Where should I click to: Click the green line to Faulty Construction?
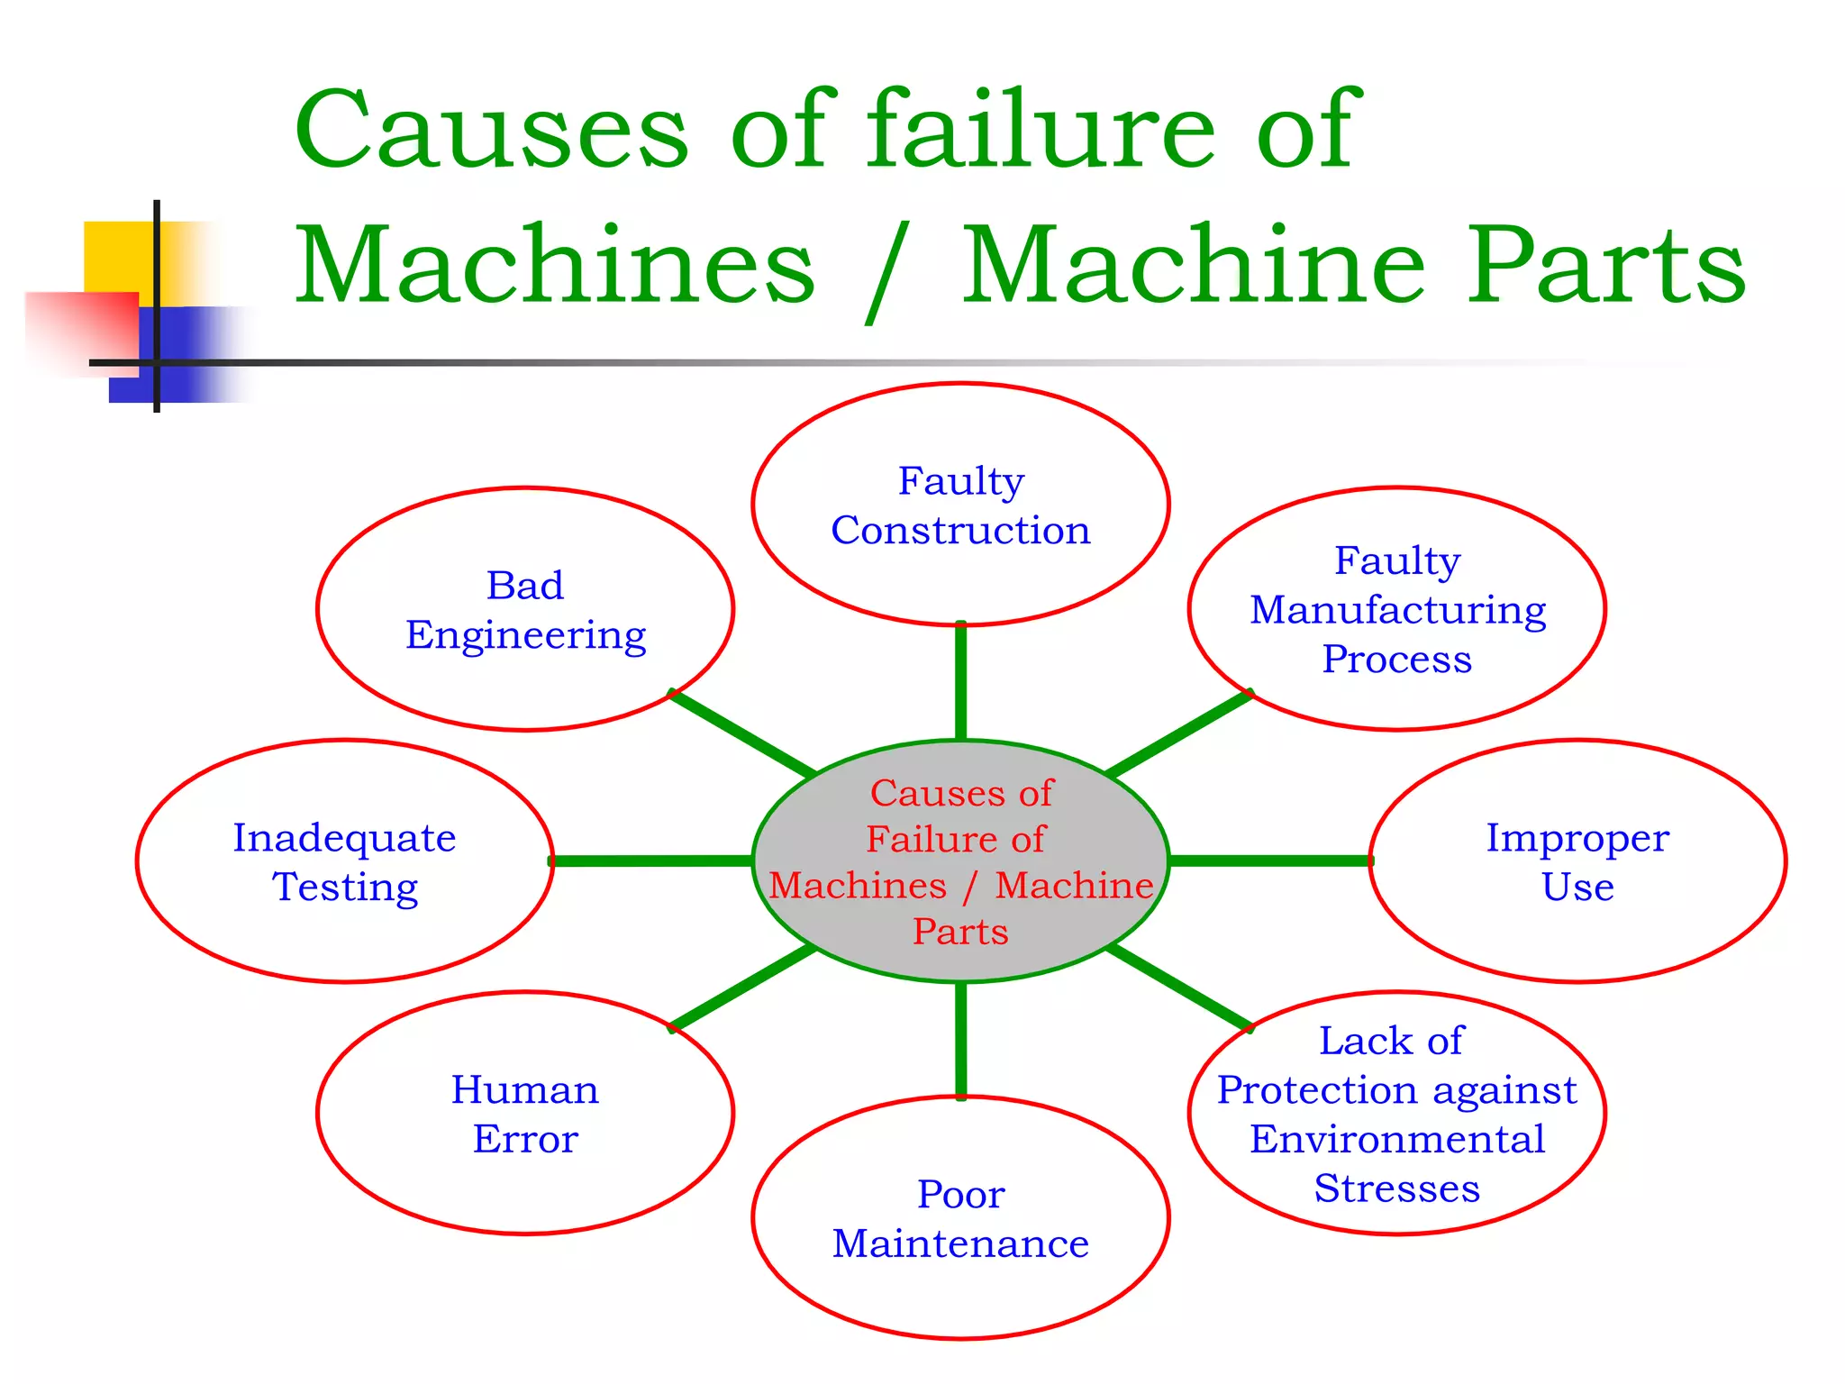pos(960,681)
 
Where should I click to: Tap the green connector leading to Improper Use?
pos(1270,861)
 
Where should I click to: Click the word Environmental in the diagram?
pos(1397,1139)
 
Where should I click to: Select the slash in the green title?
pos(886,270)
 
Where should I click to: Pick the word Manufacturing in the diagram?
pos(1397,610)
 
